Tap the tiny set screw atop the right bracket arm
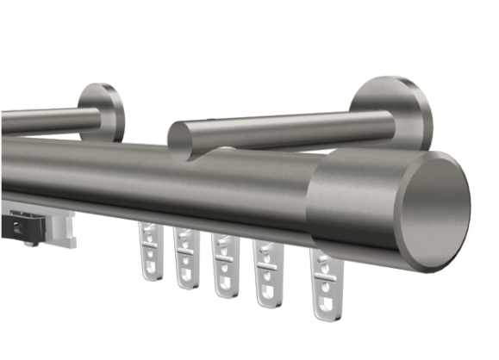211,120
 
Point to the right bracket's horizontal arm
276,131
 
